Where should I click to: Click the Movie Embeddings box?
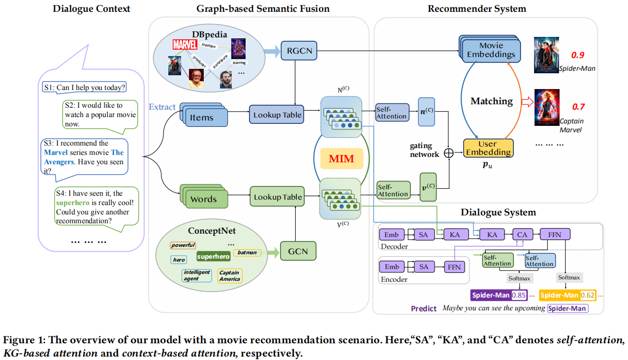click(x=491, y=50)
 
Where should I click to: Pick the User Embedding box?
click(x=488, y=148)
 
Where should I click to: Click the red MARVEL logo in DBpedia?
click(x=185, y=45)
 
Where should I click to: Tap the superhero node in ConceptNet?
click(x=213, y=256)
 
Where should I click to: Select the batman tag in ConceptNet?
click(x=247, y=252)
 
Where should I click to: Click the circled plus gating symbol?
click(x=448, y=153)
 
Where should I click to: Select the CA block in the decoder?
click(x=522, y=235)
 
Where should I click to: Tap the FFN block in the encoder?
click(x=454, y=267)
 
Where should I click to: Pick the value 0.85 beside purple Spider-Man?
click(x=519, y=296)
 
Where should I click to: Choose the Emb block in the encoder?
click(x=392, y=267)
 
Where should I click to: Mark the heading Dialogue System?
click(x=498, y=212)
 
